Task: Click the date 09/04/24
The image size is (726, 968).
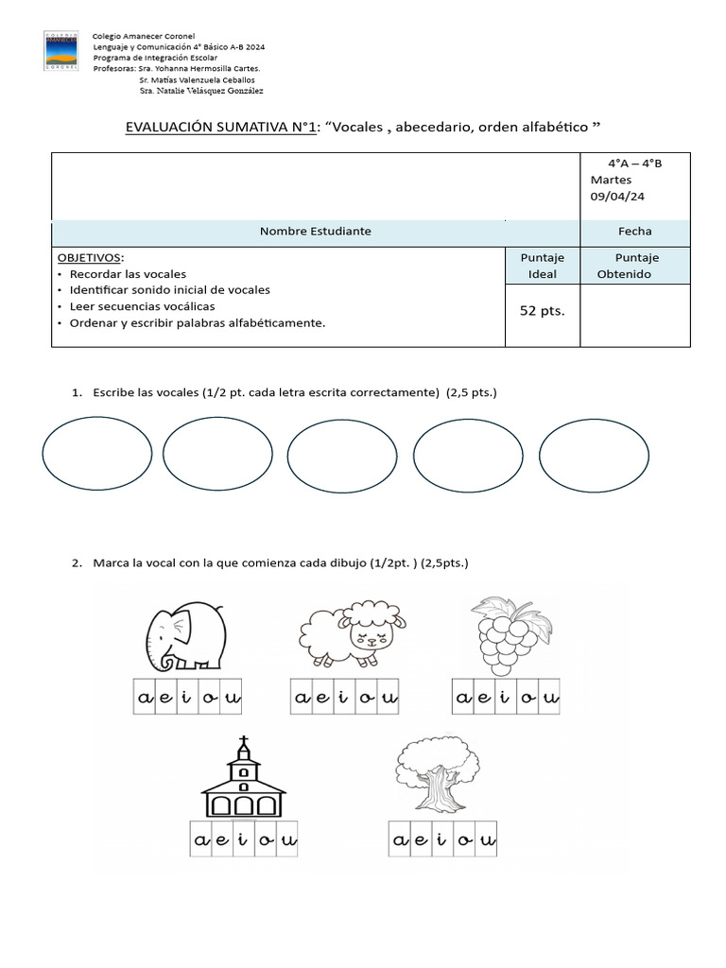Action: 617,196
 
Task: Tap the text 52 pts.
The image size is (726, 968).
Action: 542,310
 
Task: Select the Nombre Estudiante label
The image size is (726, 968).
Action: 316,232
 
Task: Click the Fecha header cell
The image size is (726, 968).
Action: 634,232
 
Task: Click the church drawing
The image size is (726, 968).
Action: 244,779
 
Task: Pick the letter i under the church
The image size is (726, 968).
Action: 243,839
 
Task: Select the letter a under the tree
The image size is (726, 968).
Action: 399,839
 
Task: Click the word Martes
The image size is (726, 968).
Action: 611,180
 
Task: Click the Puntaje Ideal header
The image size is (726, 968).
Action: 542,266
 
